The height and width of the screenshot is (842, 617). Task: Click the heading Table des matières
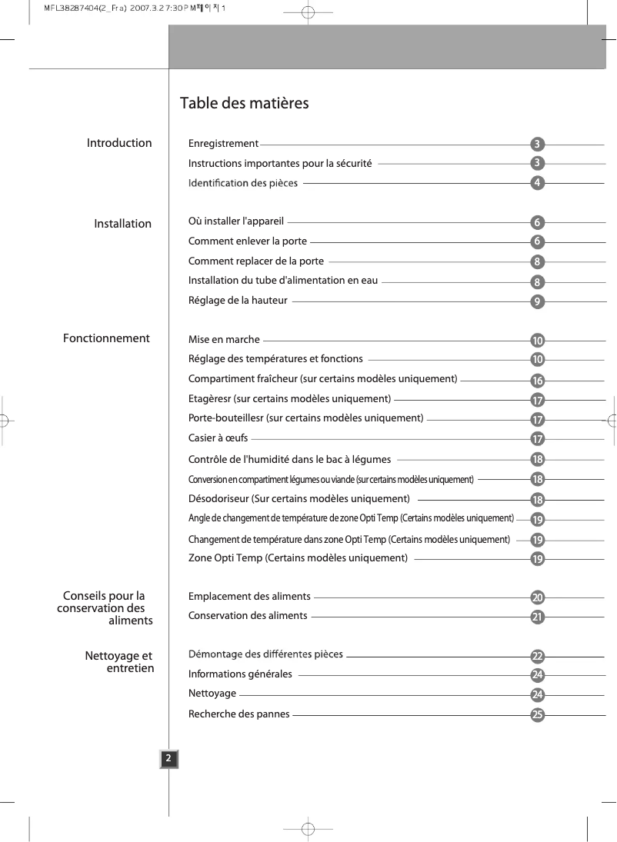click(244, 103)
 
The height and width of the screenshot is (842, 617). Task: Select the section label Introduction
click(119, 143)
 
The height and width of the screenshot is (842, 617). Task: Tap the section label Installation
click(123, 224)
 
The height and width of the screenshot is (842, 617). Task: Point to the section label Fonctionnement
click(106, 338)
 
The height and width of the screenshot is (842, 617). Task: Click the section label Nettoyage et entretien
click(119, 662)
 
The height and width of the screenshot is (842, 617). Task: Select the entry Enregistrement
click(223, 143)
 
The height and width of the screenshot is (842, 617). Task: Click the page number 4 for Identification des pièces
click(538, 183)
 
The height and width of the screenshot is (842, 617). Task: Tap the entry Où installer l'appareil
click(236, 222)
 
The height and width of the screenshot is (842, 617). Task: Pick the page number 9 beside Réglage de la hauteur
click(538, 301)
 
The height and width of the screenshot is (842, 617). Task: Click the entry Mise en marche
click(224, 339)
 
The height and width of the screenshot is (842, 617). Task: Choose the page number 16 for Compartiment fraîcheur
click(538, 381)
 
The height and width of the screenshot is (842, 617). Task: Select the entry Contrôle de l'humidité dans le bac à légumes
click(289, 459)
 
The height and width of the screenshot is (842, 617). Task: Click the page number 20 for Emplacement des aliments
click(538, 597)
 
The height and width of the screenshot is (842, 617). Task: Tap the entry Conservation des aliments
click(248, 615)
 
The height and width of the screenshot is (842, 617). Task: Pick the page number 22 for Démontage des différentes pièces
click(538, 656)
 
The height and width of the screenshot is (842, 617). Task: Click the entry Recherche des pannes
click(239, 714)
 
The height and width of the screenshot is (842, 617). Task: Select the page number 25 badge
click(538, 715)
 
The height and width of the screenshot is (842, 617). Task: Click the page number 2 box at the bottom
click(168, 759)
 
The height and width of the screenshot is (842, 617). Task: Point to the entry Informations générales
click(240, 674)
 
